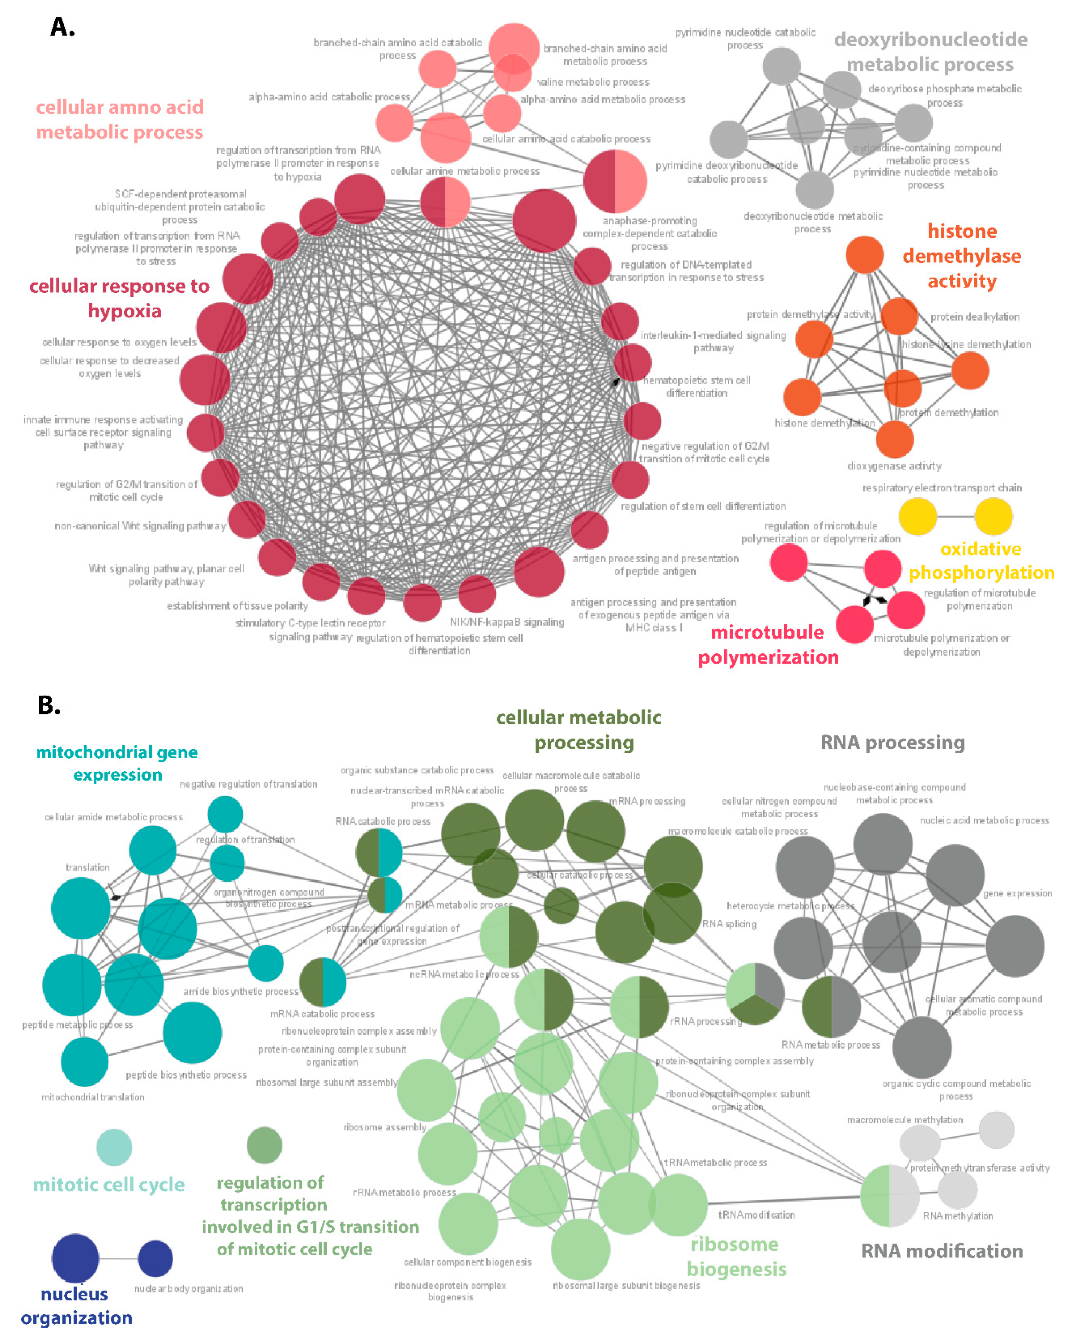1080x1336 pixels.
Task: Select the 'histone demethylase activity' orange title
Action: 962,256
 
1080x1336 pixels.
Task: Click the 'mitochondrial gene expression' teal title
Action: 117,763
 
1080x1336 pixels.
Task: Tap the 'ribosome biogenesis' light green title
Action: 736,1256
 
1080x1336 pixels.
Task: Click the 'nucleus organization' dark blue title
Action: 76,1305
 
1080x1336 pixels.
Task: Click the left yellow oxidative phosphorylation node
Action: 918,516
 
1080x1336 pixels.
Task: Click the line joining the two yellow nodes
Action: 956,516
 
